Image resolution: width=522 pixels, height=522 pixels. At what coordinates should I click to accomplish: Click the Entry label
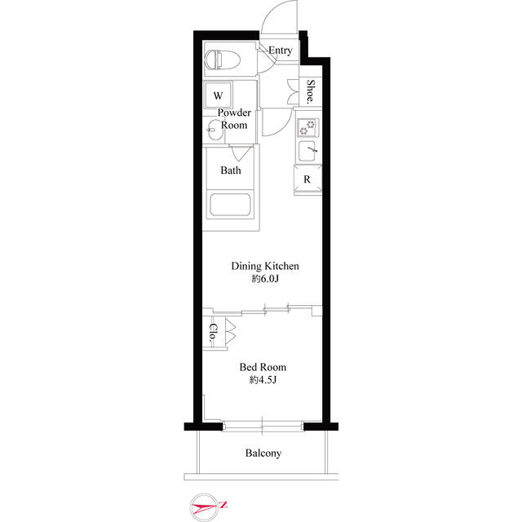(x=280, y=51)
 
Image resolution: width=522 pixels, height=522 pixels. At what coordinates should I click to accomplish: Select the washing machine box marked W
(x=218, y=95)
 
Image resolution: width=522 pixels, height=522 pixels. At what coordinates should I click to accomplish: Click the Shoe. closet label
(x=311, y=90)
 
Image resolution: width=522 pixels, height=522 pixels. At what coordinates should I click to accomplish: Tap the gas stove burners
(x=308, y=128)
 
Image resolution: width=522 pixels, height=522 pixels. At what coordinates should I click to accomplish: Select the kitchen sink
(x=308, y=152)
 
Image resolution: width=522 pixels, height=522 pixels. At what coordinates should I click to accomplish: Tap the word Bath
(x=231, y=171)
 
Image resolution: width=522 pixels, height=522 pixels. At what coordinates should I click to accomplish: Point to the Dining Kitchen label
(x=266, y=266)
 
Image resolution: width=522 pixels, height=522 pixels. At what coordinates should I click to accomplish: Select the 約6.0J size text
(x=265, y=280)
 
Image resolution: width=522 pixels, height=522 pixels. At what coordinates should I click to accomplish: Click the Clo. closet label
(x=212, y=333)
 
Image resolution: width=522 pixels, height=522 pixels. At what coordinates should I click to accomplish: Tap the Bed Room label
(x=263, y=367)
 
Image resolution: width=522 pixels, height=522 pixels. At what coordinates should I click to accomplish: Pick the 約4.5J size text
(x=263, y=381)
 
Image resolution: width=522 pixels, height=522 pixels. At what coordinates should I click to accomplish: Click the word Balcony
(x=263, y=453)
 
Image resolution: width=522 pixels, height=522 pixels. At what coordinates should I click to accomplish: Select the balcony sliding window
(x=263, y=426)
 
